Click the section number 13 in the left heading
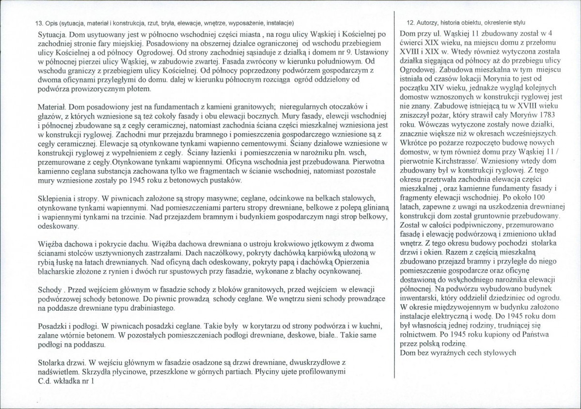point(39,23)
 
